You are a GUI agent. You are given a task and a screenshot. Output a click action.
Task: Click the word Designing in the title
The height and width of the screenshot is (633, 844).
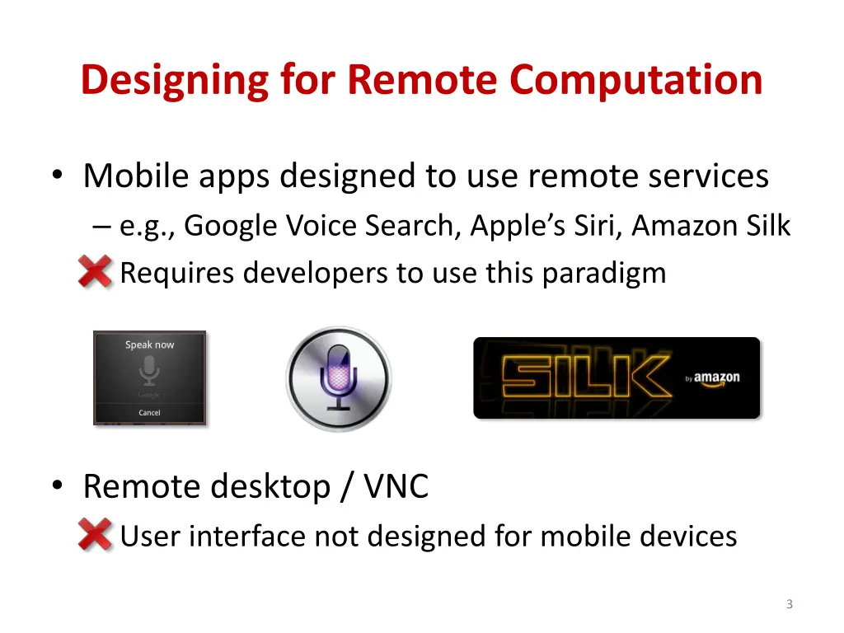click(x=174, y=81)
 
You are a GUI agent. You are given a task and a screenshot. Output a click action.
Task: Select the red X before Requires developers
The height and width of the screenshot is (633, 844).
click(x=95, y=271)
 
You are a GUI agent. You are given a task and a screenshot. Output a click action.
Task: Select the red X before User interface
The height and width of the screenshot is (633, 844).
click(x=95, y=536)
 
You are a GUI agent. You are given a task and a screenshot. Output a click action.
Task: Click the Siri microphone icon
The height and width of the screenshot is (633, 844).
click(x=338, y=378)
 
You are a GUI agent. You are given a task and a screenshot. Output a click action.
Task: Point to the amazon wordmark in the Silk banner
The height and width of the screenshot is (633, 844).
click(x=715, y=378)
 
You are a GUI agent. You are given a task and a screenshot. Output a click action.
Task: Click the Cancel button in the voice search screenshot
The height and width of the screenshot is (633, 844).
click(x=149, y=412)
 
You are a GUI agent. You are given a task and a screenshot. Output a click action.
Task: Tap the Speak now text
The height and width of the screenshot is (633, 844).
click(x=149, y=345)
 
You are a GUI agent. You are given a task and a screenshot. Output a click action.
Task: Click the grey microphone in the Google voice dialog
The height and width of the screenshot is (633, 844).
click(x=149, y=372)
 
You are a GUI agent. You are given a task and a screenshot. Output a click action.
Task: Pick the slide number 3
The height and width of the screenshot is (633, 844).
click(x=789, y=604)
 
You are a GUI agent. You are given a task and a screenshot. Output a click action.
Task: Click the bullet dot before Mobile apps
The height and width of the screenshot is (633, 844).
click(x=56, y=175)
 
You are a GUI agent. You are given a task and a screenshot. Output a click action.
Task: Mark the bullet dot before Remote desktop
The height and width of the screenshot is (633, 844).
click(x=56, y=486)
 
